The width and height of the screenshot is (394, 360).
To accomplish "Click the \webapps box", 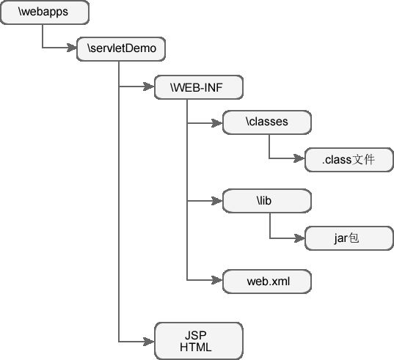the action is [x=45, y=12].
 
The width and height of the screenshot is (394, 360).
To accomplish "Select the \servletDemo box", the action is [x=121, y=49].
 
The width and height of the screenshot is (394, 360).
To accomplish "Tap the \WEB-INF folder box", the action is [x=199, y=87].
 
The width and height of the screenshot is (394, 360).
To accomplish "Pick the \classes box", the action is [x=267, y=122].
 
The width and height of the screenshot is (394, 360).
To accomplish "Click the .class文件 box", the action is [x=349, y=160].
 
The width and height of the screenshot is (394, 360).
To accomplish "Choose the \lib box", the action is [x=267, y=201].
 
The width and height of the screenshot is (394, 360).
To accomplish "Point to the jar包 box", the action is [x=349, y=238].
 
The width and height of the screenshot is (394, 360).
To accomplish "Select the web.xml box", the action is [x=267, y=282].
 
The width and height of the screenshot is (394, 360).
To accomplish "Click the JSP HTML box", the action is [x=199, y=341].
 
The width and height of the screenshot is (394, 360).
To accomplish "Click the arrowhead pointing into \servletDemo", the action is [x=72, y=48].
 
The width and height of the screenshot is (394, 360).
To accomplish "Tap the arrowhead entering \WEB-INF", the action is [x=149, y=87].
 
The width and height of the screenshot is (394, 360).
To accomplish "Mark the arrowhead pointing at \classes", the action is [x=217, y=123].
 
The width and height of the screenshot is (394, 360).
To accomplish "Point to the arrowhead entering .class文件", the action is [x=299, y=158].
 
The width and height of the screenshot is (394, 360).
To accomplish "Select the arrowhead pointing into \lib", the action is [x=217, y=201].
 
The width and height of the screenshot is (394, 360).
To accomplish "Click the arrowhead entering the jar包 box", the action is [x=299, y=238].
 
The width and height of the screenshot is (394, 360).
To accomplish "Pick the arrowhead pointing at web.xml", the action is [x=217, y=280].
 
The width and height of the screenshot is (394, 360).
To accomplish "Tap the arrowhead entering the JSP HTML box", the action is [x=149, y=342].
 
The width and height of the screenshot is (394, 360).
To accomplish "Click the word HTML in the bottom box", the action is [x=196, y=348].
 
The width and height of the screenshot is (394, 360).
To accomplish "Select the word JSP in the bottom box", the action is [x=196, y=335].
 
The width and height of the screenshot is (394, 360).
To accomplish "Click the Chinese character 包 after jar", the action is [x=354, y=238].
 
